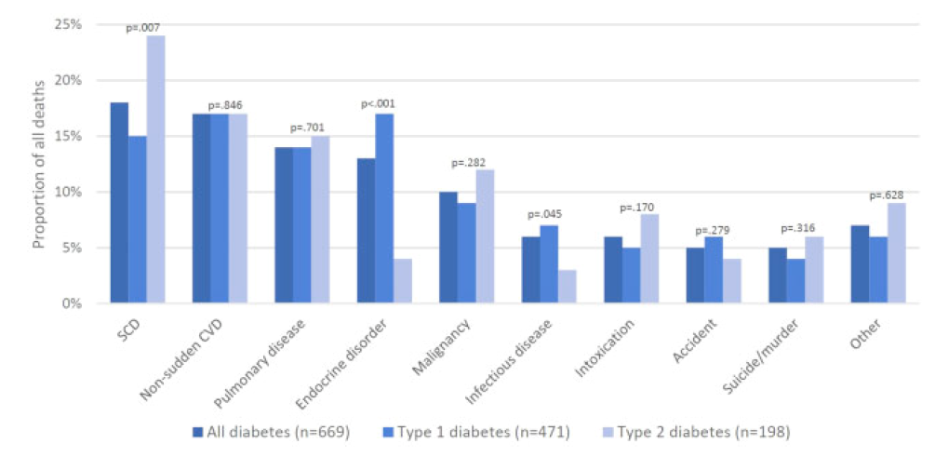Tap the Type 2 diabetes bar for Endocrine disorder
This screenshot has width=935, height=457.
pyautogui.click(x=402, y=281)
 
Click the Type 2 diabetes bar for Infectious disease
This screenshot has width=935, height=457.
pyautogui.click(x=567, y=287)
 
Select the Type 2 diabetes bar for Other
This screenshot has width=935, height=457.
pyautogui.click(x=896, y=253)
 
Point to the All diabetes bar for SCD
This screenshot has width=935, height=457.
pyautogui.click(x=119, y=203)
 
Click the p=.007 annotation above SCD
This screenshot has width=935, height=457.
pyautogui.click(x=145, y=28)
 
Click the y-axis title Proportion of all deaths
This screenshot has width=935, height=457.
pyautogui.click(x=39, y=165)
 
